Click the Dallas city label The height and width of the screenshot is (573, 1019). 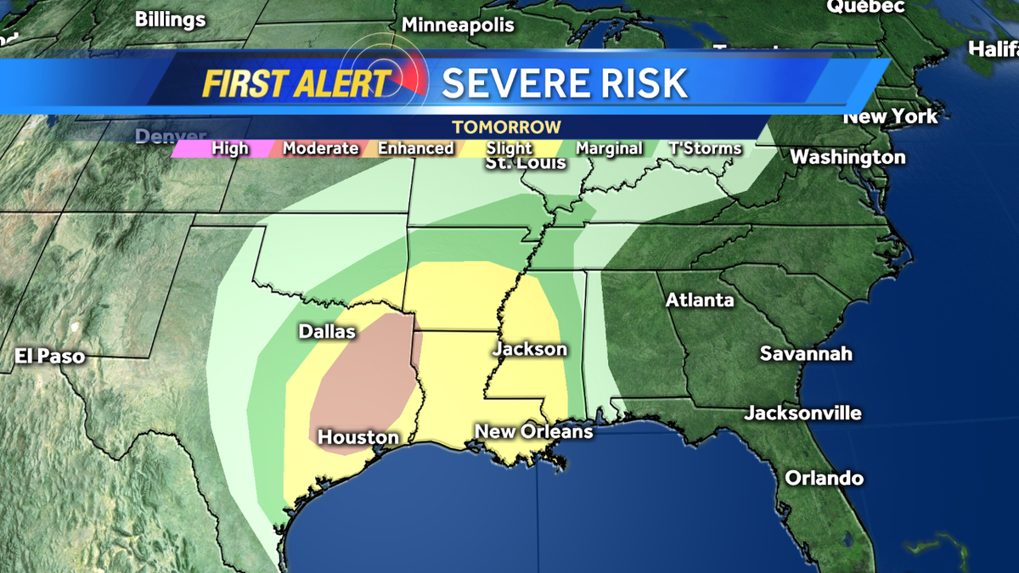(327, 332)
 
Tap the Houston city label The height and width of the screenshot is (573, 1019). (357, 437)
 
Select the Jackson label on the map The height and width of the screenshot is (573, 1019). (530, 349)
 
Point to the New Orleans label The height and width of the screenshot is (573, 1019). (533, 431)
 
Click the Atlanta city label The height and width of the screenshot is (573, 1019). (700, 300)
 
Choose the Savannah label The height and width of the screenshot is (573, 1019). (806, 353)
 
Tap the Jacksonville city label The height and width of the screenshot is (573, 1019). (802, 413)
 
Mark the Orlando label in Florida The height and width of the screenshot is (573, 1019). (824, 478)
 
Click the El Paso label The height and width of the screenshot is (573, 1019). (49, 356)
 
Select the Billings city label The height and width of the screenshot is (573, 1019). (170, 19)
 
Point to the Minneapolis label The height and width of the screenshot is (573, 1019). (458, 25)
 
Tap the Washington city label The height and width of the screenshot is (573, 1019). (847, 157)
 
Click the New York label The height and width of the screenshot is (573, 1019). (890, 116)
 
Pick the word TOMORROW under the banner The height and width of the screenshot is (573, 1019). (506, 127)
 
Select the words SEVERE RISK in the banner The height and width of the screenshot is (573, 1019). (565, 83)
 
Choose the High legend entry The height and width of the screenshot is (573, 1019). (230, 149)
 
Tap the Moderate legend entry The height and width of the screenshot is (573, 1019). (320, 149)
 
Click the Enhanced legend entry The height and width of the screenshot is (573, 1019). (415, 149)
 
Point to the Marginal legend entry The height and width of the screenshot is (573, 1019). (609, 149)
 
